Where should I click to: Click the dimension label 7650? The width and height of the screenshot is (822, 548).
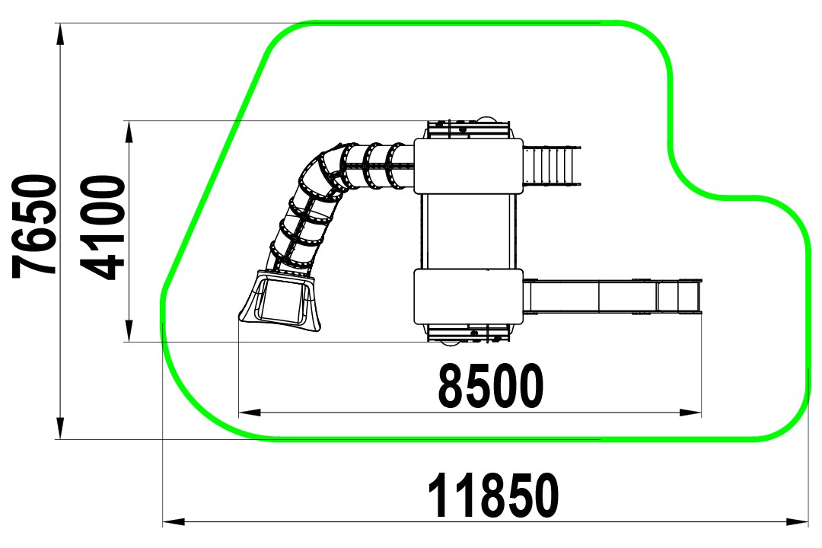click(34, 227)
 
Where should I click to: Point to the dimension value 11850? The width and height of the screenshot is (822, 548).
click(494, 495)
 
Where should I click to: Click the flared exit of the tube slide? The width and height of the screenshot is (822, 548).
click(279, 301)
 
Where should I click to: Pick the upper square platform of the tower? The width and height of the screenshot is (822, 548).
click(469, 166)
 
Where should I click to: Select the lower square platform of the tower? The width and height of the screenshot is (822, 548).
click(469, 297)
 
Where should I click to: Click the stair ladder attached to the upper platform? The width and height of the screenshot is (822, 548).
click(553, 166)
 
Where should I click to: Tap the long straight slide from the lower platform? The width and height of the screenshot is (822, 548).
click(613, 297)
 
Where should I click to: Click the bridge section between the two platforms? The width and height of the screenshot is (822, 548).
click(469, 231)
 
